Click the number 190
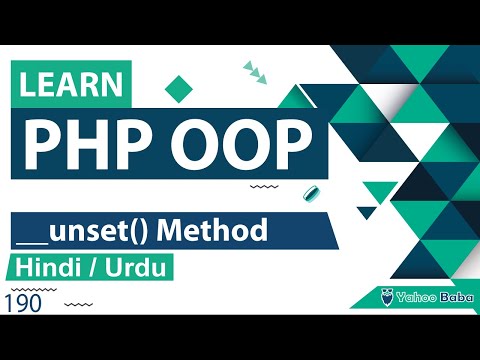24,304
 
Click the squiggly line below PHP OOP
262,186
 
